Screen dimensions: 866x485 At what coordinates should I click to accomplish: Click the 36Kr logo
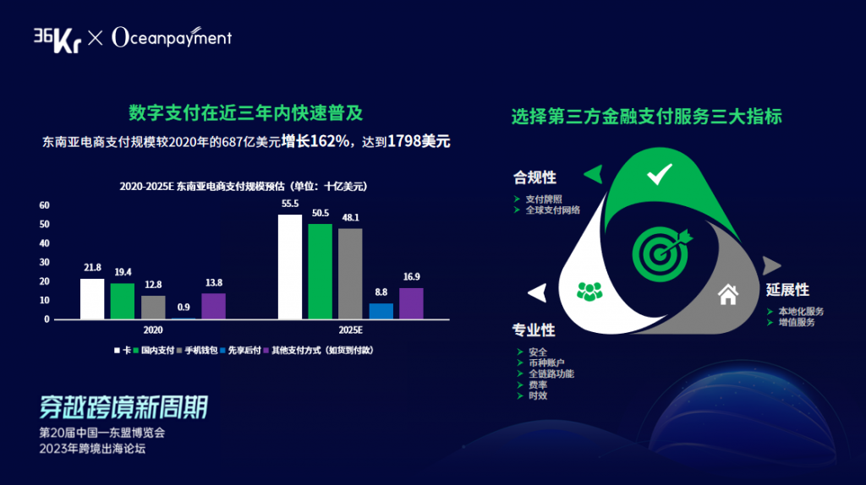pyautogui.click(x=58, y=40)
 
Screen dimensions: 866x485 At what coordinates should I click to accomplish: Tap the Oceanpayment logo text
pyautogui.click(x=172, y=37)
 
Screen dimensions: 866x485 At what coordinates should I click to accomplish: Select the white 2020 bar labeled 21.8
pyautogui.click(x=92, y=299)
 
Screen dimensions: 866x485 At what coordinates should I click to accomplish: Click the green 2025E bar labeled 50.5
pyautogui.click(x=321, y=271)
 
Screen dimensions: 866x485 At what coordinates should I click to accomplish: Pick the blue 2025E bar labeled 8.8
pyautogui.click(x=381, y=311)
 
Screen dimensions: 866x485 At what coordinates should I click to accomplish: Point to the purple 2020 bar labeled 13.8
pyautogui.click(x=214, y=306)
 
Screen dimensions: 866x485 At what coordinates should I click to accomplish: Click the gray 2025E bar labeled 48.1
pyautogui.click(x=351, y=275)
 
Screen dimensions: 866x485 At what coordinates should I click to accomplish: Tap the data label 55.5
pyautogui.click(x=290, y=204)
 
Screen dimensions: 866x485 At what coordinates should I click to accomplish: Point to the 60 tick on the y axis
pyautogui.click(x=44, y=205)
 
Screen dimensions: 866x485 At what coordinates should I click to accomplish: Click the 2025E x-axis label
pyautogui.click(x=351, y=330)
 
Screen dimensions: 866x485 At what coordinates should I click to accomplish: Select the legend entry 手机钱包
pyautogui.click(x=197, y=351)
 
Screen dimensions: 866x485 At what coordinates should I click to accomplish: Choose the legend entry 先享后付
pyautogui.click(x=240, y=351)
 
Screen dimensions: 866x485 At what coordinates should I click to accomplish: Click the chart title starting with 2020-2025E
pyautogui.click(x=244, y=187)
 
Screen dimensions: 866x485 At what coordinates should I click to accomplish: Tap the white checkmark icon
pyautogui.click(x=660, y=174)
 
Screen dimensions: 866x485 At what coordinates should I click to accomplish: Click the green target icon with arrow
pyautogui.click(x=661, y=253)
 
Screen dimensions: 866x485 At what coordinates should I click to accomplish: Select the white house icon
pyautogui.click(x=728, y=295)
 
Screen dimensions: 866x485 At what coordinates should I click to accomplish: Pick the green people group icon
pyautogui.click(x=589, y=292)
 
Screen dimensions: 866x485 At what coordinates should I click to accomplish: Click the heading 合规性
pyautogui.click(x=534, y=177)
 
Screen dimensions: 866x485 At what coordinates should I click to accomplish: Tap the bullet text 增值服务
pyautogui.click(x=797, y=322)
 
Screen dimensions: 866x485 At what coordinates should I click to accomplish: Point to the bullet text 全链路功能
pyautogui.click(x=551, y=373)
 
